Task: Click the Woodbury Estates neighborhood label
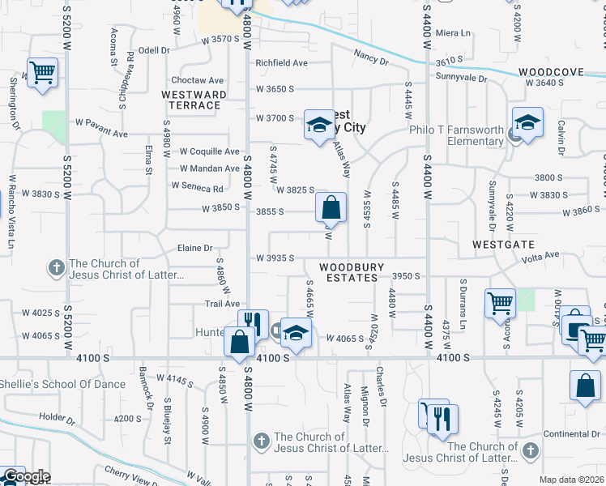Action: pyautogui.click(x=348, y=271)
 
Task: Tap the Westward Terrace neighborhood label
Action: pyautogui.click(x=194, y=100)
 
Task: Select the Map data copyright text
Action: pyautogui.click(x=572, y=480)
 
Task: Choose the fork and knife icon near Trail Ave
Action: pyautogui.click(x=252, y=324)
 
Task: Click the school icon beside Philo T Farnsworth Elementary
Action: pyautogui.click(x=527, y=123)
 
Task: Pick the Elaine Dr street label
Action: pyautogui.click(x=195, y=248)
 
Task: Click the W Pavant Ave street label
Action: pyautogui.click(x=102, y=133)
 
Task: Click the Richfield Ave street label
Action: pyautogui.click(x=282, y=62)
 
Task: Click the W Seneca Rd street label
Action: pyautogui.click(x=197, y=185)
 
